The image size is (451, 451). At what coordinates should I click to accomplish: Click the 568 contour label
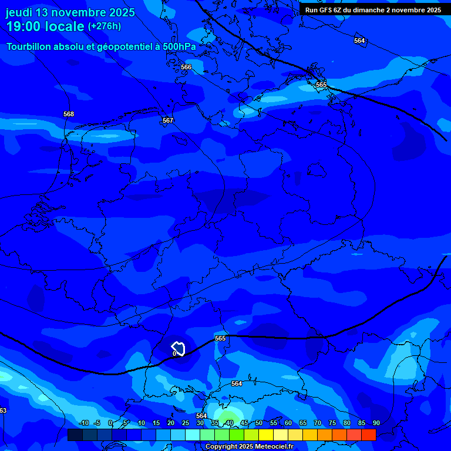pyautogui.click(x=69, y=114)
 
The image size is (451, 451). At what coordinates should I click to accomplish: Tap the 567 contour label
pyautogui.click(x=168, y=120)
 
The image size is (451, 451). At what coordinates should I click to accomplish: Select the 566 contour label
pyautogui.click(x=186, y=68)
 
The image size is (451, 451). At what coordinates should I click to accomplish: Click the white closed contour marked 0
pyautogui.click(x=179, y=349)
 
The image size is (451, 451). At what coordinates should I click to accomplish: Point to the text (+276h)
pyautogui.click(x=105, y=26)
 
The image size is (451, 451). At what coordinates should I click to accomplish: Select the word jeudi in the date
pyautogui.click(x=19, y=12)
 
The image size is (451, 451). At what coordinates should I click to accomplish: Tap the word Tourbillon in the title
pyautogui.click(x=29, y=46)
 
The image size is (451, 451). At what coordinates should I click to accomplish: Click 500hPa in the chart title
pyautogui.click(x=179, y=46)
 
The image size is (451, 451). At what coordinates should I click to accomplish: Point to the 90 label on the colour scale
pyautogui.click(x=376, y=423)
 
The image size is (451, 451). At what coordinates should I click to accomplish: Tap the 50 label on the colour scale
pyautogui.click(x=259, y=423)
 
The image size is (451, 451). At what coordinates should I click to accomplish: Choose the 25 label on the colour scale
pyautogui.click(x=186, y=423)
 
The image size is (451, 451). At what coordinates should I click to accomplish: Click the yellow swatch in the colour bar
pyautogui.click(x=266, y=435)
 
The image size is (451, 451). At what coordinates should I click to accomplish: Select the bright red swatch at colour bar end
pyautogui.click(x=368, y=435)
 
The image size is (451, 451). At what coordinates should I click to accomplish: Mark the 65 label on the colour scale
pyautogui.click(x=303, y=423)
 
